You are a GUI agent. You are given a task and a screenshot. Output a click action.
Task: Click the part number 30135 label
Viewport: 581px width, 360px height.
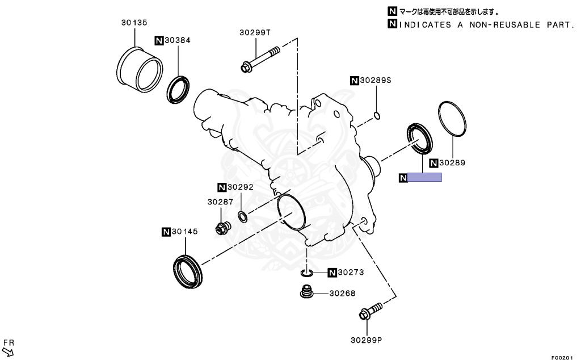click(134, 23)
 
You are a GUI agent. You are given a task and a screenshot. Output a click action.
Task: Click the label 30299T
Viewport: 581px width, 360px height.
click(255, 33)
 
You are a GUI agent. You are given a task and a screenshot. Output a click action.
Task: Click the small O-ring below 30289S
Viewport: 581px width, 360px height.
click(377, 116)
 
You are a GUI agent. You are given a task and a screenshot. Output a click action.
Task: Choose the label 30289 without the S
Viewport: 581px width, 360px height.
click(452, 163)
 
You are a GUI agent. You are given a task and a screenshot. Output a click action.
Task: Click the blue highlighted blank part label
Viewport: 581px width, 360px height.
click(425, 177)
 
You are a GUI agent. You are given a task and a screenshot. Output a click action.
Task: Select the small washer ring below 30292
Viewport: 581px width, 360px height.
click(242, 216)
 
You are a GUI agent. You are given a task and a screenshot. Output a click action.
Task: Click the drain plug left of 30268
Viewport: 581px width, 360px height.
click(307, 294)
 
